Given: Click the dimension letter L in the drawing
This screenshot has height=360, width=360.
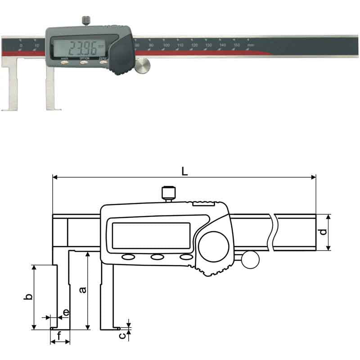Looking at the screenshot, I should tap(184, 171).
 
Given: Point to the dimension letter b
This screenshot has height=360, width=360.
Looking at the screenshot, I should tap(28, 297).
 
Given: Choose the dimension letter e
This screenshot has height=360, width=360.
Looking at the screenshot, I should tap(66, 312).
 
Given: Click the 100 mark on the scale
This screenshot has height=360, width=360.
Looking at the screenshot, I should tap(166, 46).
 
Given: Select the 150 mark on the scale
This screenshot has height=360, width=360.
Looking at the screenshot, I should tap(236, 46).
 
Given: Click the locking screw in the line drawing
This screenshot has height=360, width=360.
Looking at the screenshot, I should tap(167, 193).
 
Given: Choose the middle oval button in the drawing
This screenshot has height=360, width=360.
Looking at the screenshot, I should tap(157, 257).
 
